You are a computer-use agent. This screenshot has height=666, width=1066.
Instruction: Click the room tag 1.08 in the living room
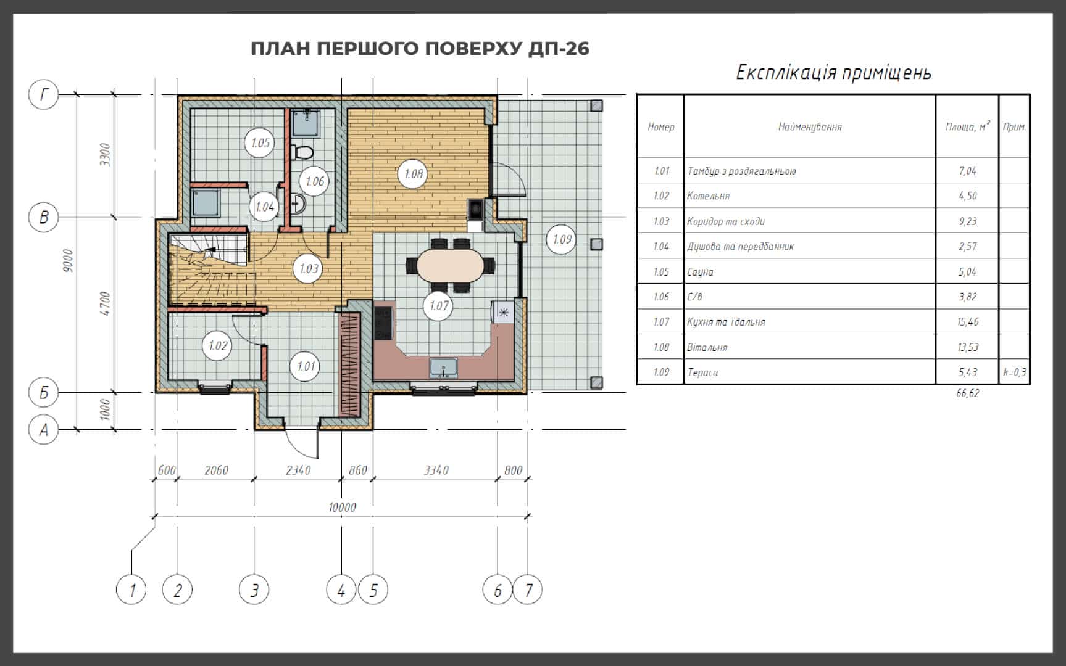(413, 174)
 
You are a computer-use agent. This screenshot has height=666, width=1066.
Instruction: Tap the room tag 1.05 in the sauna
(260, 143)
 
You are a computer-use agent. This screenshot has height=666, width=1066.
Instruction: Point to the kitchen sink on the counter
(443, 368)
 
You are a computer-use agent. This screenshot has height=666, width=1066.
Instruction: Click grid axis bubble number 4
(341, 590)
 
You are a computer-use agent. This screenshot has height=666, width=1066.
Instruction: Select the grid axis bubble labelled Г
(44, 94)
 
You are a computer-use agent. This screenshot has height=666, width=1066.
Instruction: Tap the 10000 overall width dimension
(342, 508)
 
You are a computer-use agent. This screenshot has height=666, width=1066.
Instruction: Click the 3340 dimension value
(436, 471)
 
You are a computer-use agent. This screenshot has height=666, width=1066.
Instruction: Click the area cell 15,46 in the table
(968, 322)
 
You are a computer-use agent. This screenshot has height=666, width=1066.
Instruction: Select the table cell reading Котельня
(708, 196)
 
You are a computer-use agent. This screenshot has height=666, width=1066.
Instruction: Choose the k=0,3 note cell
(1014, 372)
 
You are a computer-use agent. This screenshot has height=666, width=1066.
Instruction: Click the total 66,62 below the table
(967, 393)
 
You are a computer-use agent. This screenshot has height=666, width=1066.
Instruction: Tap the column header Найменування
(810, 127)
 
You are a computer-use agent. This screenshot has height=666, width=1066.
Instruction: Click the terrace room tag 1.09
(562, 239)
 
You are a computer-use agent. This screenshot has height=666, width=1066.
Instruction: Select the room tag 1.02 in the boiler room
(217, 345)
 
